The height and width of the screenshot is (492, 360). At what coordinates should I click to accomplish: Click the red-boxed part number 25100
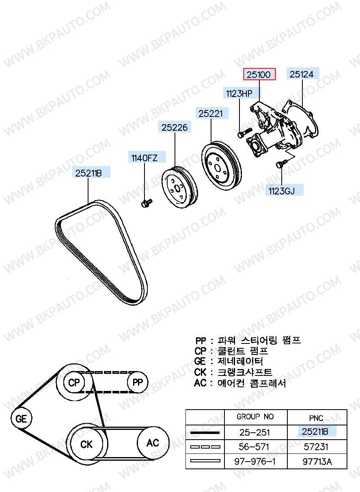259,74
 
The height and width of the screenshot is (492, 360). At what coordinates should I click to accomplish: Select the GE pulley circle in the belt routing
21,418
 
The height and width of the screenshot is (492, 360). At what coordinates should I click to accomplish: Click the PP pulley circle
138,382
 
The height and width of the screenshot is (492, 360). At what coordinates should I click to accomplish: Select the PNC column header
316,417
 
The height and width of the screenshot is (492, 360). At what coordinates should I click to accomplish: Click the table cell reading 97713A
317,461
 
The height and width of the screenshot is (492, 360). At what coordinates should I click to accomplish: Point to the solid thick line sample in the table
205,432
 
